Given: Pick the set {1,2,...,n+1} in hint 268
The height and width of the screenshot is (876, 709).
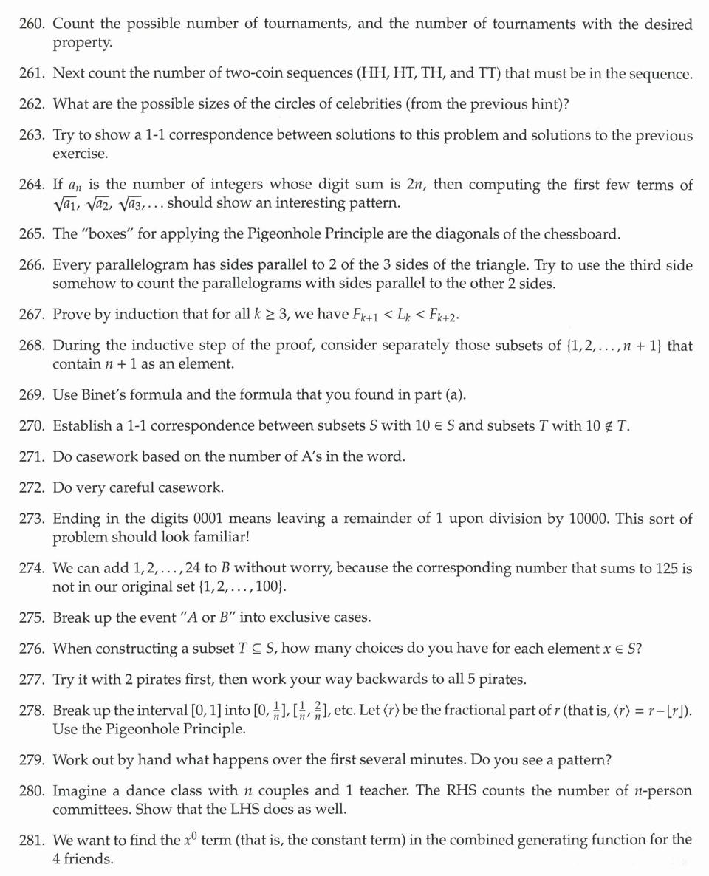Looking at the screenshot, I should (x=621, y=346).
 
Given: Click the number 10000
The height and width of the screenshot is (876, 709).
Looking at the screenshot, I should (x=588, y=519).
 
